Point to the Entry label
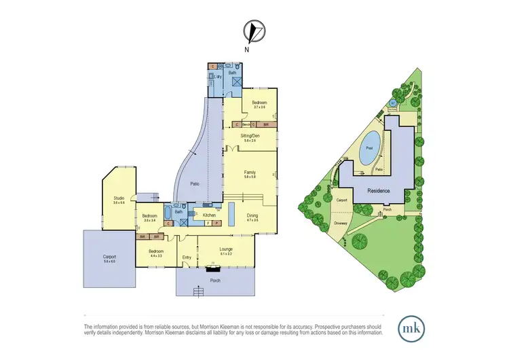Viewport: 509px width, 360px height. click(187, 257)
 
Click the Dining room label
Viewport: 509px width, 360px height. click(252, 215)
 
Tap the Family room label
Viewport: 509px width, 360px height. click(250, 174)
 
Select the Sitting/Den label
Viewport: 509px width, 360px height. click(250, 137)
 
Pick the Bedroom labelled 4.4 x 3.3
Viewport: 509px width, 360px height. click(155, 252)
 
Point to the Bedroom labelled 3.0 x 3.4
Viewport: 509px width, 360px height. click(149, 217)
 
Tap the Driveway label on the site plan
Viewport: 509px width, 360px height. click(341, 223)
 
